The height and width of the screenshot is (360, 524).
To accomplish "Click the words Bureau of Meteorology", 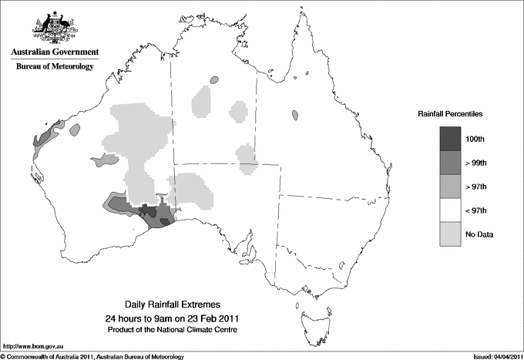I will click(54, 66).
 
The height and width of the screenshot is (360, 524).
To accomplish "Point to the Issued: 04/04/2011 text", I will click(494, 356).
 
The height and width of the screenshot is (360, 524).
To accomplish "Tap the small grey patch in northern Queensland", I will click(295, 116).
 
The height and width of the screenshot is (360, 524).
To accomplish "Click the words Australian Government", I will click(54, 52).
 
